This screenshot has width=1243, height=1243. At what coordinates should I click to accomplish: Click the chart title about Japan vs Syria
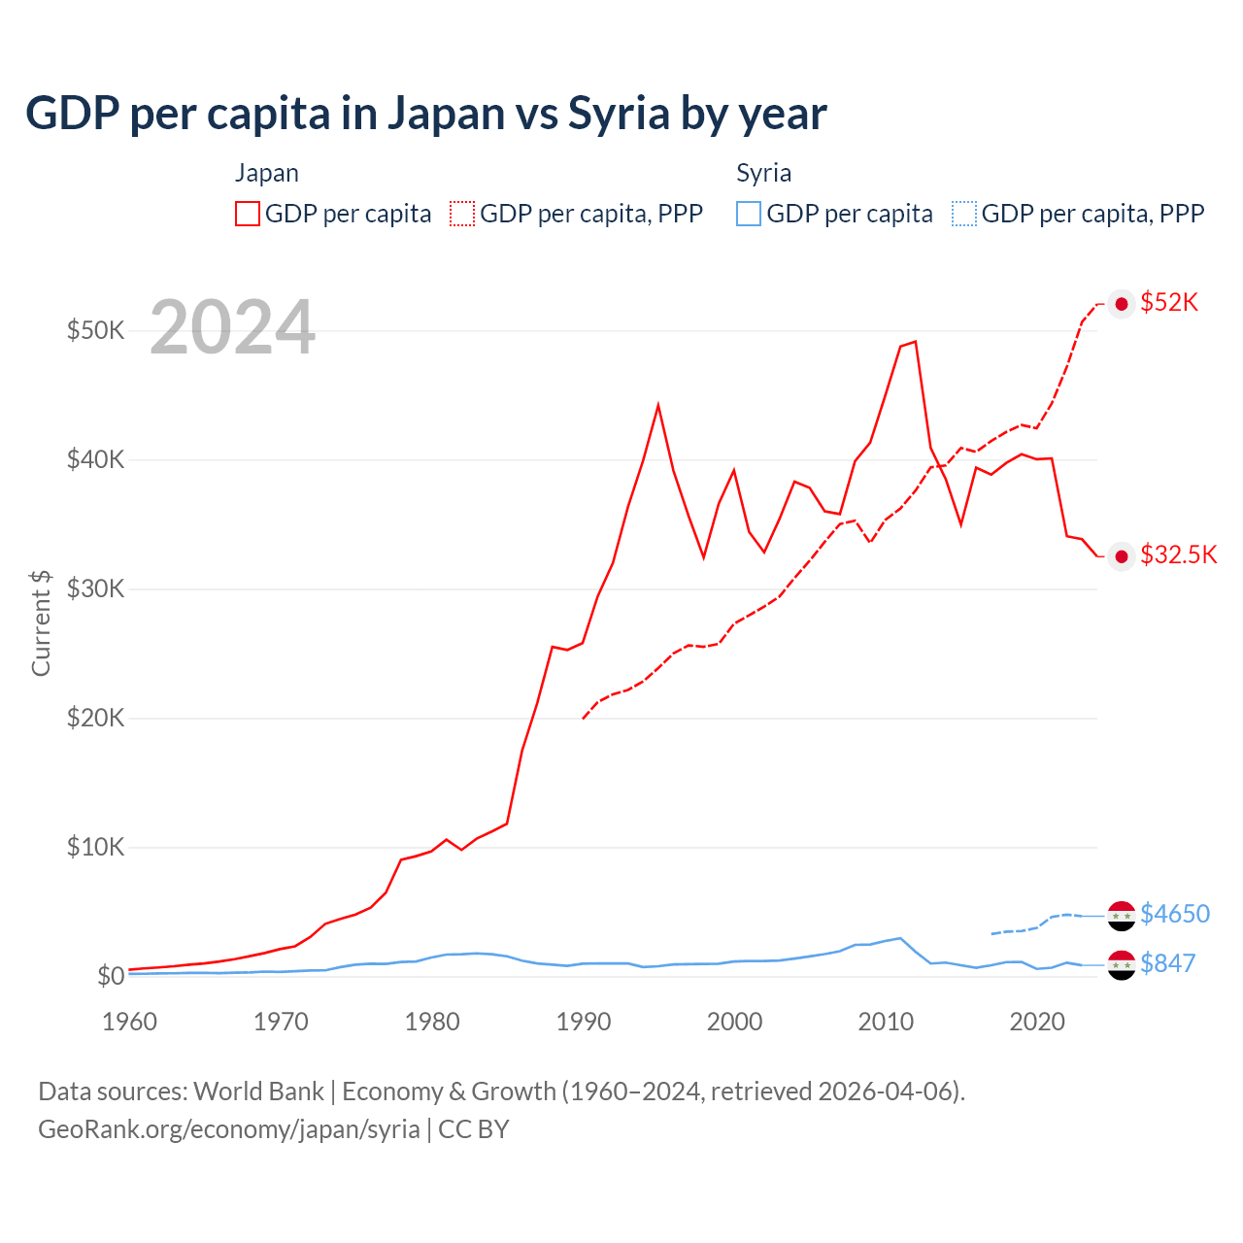tap(425, 114)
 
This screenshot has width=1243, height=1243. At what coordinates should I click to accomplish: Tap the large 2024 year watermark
tap(232, 327)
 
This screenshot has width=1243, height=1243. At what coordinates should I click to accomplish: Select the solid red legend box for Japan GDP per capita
tap(248, 214)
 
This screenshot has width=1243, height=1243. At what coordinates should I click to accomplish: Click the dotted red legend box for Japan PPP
tap(462, 214)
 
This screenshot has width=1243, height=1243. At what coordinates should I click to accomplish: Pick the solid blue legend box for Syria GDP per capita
tap(749, 214)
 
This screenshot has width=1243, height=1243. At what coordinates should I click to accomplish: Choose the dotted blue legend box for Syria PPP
tap(964, 214)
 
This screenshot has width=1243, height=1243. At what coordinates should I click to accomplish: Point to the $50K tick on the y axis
tap(95, 330)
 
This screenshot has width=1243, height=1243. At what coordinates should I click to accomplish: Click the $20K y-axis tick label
tap(95, 718)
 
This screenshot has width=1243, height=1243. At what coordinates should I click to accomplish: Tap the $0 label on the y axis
tap(111, 976)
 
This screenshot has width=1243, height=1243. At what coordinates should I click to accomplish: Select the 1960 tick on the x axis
tap(129, 1022)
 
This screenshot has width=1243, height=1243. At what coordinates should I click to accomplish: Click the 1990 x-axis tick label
tap(583, 1022)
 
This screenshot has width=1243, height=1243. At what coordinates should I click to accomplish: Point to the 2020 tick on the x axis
tap(1037, 1022)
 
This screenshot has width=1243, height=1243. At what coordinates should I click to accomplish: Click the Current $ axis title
tap(41, 622)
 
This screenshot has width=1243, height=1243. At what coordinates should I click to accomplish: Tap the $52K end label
tap(1169, 303)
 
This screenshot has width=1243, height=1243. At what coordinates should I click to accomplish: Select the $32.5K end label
tap(1178, 554)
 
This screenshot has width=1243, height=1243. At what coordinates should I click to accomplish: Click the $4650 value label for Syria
tap(1175, 914)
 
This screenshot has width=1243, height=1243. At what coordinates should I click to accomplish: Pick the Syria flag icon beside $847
tap(1122, 964)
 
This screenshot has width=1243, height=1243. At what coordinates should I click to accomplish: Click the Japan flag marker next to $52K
tap(1122, 304)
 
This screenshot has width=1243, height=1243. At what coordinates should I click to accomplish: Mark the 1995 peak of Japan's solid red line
tap(658, 405)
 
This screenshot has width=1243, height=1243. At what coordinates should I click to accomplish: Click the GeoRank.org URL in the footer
tap(229, 1129)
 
